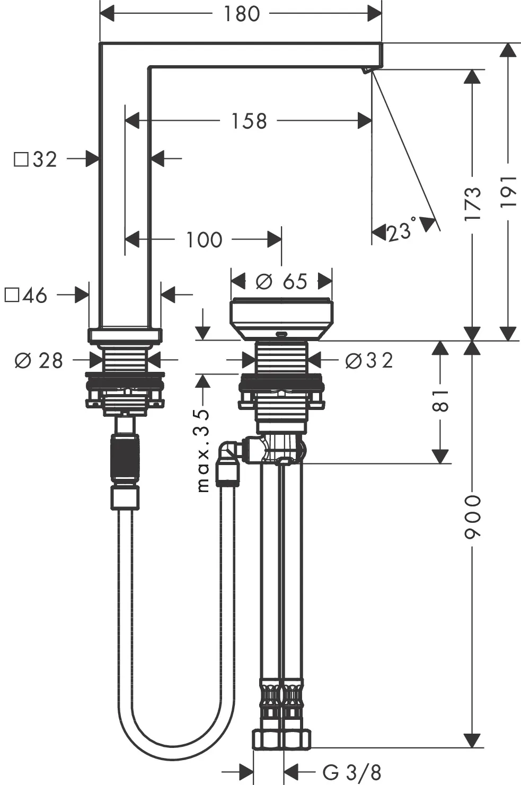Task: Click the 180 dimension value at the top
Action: pos(241,14)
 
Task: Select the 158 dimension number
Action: pos(249,121)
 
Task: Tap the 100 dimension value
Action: pos(204,240)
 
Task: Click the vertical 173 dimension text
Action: pos(473,204)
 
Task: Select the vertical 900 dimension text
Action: pos(473,517)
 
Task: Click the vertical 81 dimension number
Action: pos(440,400)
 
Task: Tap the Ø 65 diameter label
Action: pos(281,281)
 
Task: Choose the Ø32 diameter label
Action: pos(369,361)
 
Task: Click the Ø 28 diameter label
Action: pos(39,361)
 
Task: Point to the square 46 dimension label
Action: pos(27,296)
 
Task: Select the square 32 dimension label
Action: pos(36,159)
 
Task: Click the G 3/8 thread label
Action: pos(351,773)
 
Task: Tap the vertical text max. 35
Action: pos(203,450)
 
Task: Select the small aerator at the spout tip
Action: pos(366,70)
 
